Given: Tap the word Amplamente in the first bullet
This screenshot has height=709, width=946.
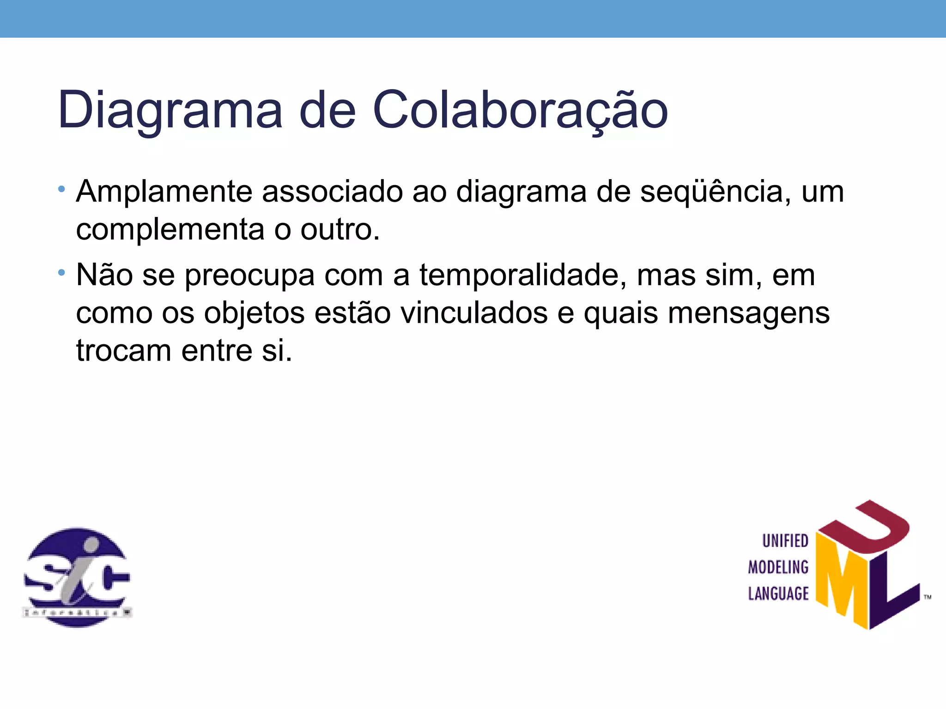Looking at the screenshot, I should point(164,192).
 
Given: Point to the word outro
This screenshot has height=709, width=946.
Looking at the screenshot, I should point(340,229).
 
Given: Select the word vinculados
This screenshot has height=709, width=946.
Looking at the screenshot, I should point(474,313).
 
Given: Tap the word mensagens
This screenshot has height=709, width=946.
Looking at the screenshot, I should point(748,313).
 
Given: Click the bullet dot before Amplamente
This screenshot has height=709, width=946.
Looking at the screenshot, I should point(61,189).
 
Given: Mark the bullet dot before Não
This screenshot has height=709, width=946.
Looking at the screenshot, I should point(61,273).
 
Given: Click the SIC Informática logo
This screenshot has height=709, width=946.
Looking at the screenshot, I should point(77,577).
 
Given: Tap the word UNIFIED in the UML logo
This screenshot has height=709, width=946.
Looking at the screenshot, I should point(785,541).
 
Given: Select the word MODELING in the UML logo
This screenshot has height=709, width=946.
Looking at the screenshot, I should point(778,567).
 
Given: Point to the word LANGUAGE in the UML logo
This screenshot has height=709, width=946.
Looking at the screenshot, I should point(778,594).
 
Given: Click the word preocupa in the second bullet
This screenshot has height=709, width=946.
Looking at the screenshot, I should point(249,276).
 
